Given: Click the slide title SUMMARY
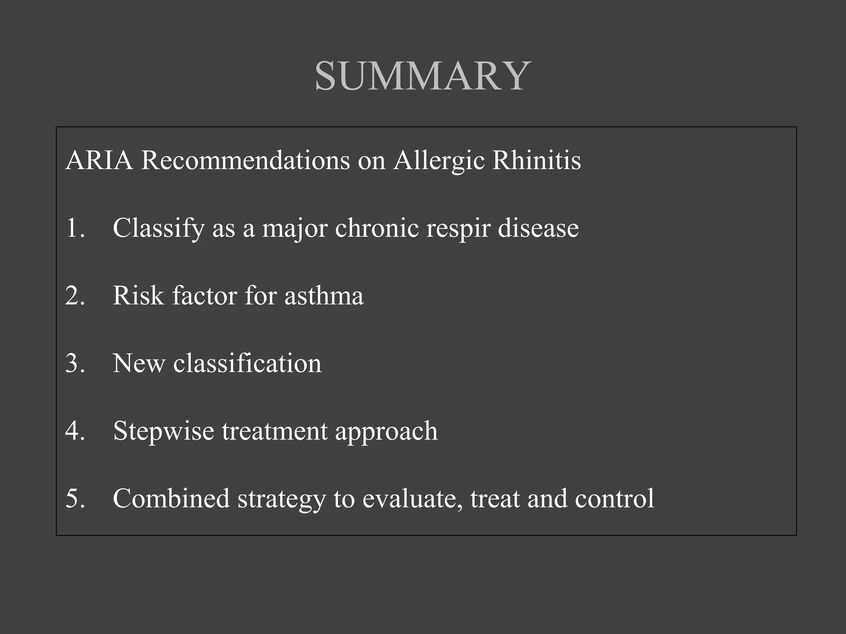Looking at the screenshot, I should pyautogui.click(x=423, y=76).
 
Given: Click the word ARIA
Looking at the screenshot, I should pyautogui.click(x=99, y=160).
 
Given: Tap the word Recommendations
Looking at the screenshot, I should pyautogui.click(x=245, y=160).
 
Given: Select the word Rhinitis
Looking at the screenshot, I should pyautogui.click(x=537, y=160).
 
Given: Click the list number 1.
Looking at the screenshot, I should pyautogui.click(x=75, y=228).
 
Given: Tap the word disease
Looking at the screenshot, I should pyautogui.click(x=538, y=228).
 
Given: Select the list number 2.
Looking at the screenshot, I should pyautogui.click(x=75, y=296).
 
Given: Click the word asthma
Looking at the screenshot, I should pyautogui.click(x=324, y=296).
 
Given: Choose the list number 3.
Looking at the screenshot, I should pyautogui.click(x=75, y=363).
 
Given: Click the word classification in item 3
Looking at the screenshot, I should pyautogui.click(x=247, y=363).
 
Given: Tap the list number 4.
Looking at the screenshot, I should pyautogui.click(x=75, y=431).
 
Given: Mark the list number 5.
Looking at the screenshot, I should pyautogui.click(x=75, y=499).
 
